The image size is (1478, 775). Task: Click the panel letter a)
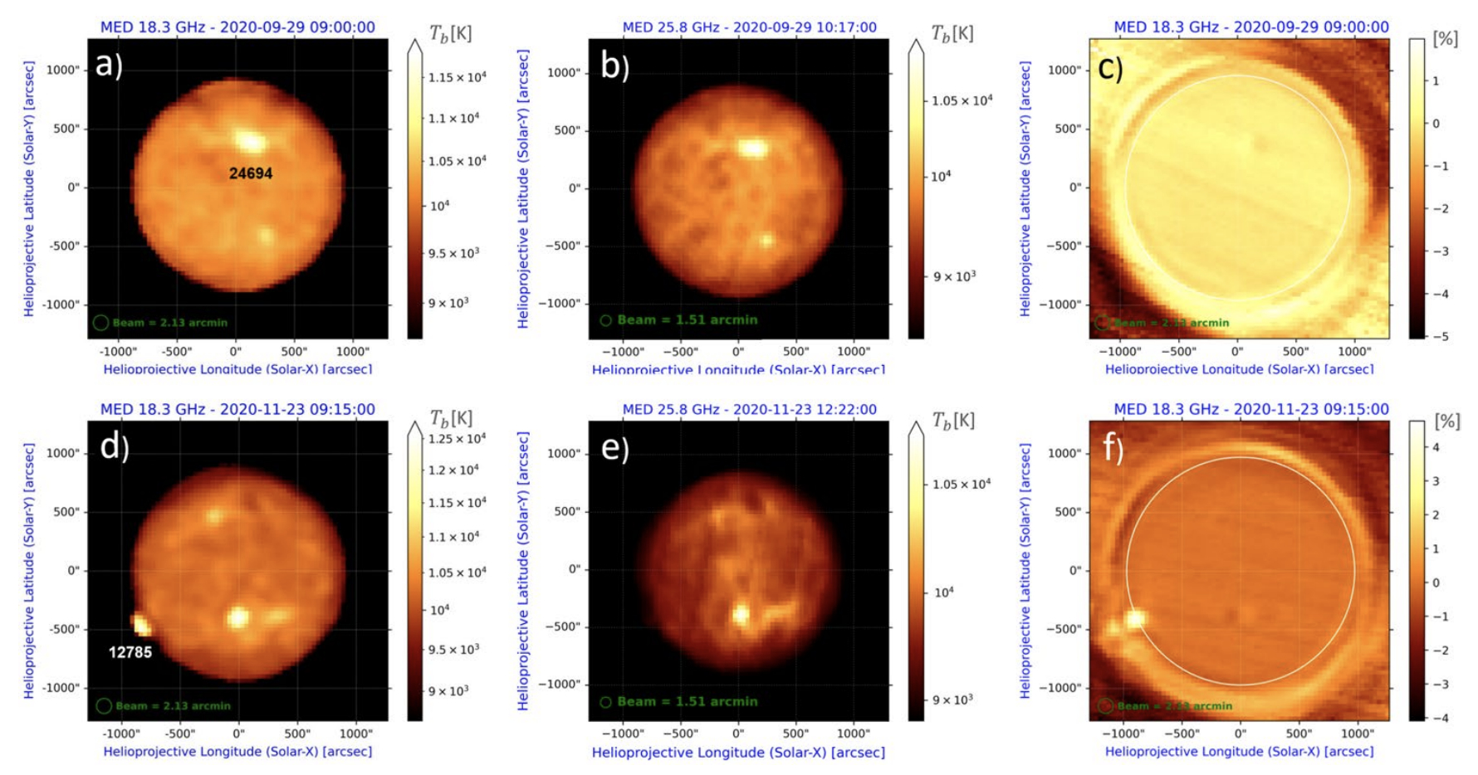pyautogui.click(x=109, y=64)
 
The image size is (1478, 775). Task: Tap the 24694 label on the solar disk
pyautogui.click(x=251, y=173)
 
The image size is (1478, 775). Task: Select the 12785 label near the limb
pyautogui.click(x=130, y=652)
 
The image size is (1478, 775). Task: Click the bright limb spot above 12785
pyautogui.click(x=140, y=623)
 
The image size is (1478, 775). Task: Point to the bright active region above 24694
pyautogui.click(x=251, y=140)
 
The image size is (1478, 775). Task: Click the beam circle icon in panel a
pyautogui.click(x=100, y=323)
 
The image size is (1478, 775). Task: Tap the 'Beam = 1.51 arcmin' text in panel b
pyautogui.click(x=688, y=319)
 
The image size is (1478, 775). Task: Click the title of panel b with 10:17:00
pyautogui.click(x=749, y=27)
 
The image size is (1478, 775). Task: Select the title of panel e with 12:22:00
pyautogui.click(x=749, y=409)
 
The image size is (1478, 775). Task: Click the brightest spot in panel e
pyautogui.click(x=740, y=615)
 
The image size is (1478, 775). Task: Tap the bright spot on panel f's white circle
pyautogui.click(x=1135, y=618)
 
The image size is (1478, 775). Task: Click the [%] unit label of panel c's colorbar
pyautogui.click(x=1446, y=39)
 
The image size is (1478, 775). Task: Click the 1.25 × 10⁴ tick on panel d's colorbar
pyautogui.click(x=457, y=438)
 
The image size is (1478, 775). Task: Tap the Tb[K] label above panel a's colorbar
pyautogui.click(x=450, y=33)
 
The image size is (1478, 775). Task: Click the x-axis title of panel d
pyautogui.click(x=237, y=752)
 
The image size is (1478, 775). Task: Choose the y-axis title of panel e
pyautogui.click(x=523, y=571)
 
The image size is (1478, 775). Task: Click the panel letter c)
pyautogui.click(x=1110, y=67)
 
